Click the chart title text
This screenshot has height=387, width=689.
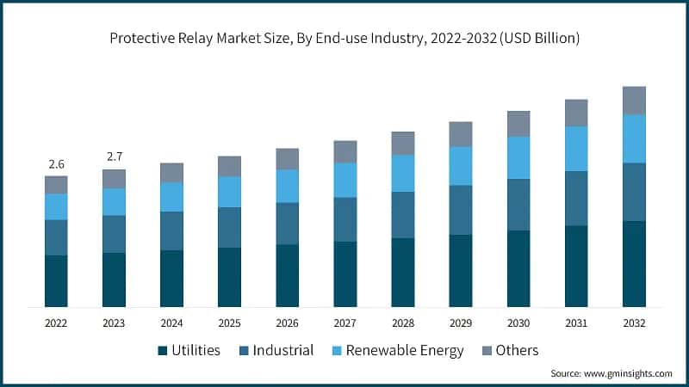(x=344, y=39)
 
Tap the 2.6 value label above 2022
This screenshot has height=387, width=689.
(x=56, y=163)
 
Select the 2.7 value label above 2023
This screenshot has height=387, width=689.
(x=114, y=157)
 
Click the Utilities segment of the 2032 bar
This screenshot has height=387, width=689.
(x=634, y=264)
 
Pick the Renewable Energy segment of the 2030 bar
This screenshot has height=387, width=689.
(x=518, y=157)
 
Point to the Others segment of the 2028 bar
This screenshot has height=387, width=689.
(x=403, y=143)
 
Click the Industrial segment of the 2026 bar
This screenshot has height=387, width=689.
(x=287, y=224)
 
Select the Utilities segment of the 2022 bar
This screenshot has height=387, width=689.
(x=56, y=281)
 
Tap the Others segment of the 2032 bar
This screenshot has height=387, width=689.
(x=634, y=101)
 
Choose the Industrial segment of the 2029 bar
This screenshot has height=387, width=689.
(x=461, y=210)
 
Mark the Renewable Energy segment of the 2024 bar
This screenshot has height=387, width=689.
(x=171, y=197)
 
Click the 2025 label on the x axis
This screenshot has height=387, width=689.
(x=229, y=323)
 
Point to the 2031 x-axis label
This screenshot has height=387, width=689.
(x=576, y=323)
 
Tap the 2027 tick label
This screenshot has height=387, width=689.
(x=344, y=323)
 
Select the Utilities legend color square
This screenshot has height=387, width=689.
(x=162, y=351)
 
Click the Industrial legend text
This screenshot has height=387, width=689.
(x=282, y=351)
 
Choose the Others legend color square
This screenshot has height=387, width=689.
(x=487, y=351)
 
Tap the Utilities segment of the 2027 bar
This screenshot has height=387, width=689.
(x=344, y=274)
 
